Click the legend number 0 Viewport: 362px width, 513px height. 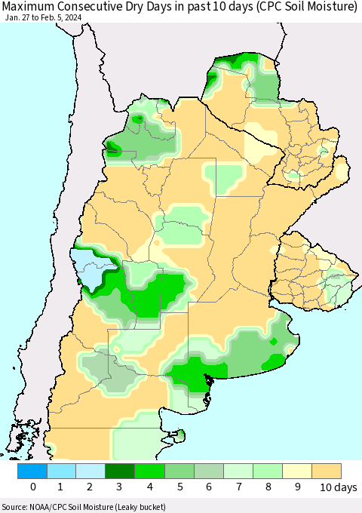[x=32, y=487]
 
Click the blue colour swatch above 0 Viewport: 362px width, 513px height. [x=32, y=471]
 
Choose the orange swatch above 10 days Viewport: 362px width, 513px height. [x=327, y=471]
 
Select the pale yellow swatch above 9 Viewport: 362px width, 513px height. [x=297, y=471]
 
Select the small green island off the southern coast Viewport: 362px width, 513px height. [x=179, y=435]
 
